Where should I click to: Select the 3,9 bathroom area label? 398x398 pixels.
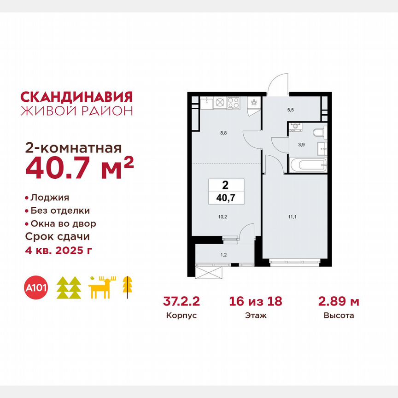301,144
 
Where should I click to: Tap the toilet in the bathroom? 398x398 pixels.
319,133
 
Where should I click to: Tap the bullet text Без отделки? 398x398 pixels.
60,211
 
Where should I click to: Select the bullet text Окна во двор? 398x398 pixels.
63,223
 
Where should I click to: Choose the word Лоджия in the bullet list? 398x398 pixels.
50,198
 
